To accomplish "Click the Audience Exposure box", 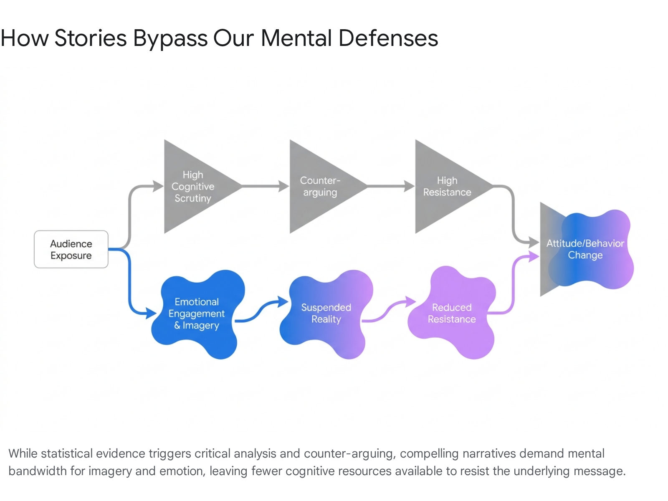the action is pyautogui.click(x=71, y=249).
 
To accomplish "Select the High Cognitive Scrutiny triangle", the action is pyautogui.click(x=195, y=187).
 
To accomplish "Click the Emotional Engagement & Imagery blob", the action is pyautogui.click(x=198, y=314).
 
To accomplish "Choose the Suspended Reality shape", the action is pyautogui.click(x=326, y=314).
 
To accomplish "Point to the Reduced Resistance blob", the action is pyautogui.click(x=452, y=313).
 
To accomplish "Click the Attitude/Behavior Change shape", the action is pyautogui.click(x=586, y=249).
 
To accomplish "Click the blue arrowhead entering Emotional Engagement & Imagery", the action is pyautogui.click(x=151, y=313).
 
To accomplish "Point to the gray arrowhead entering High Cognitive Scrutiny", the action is pyautogui.click(x=158, y=186).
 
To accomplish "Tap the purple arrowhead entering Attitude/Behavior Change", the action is pyautogui.click(x=534, y=256).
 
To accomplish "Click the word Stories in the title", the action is pyautogui.click(x=90, y=38).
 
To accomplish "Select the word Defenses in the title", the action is pyautogui.click(x=388, y=38).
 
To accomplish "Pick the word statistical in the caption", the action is pyautogui.click(x=67, y=453).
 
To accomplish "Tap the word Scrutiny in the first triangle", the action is pyautogui.click(x=192, y=198).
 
